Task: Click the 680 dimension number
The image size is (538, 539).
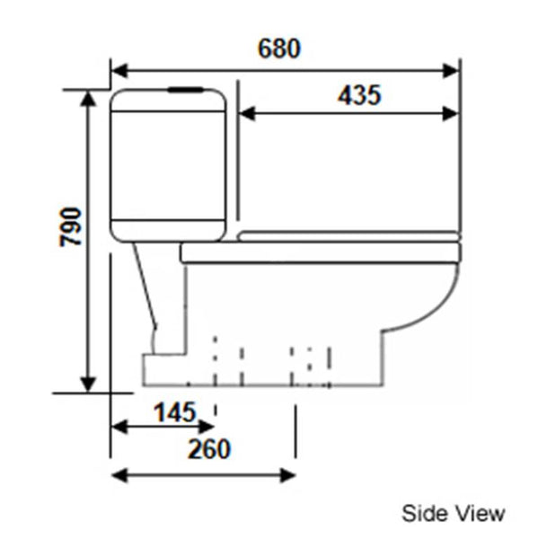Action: click(278, 48)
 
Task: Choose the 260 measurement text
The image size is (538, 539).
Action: click(208, 448)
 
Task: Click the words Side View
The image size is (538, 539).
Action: click(453, 513)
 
